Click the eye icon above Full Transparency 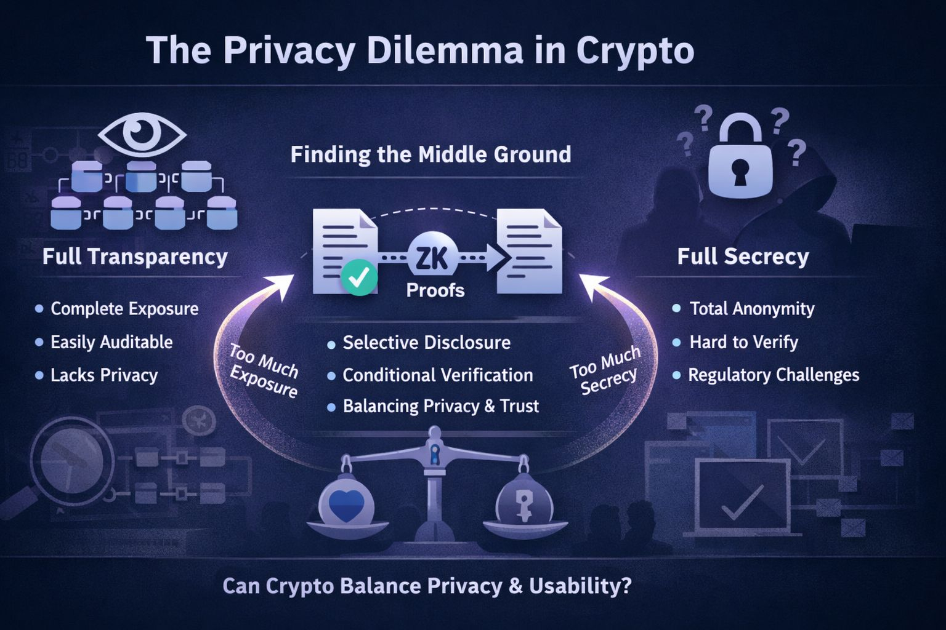click(142, 132)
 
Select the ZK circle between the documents click(432, 257)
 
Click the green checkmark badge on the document click(359, 277)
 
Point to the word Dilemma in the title click(445, 50)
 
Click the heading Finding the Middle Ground click(431, 154)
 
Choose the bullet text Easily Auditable click(111, 342)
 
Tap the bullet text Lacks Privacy click(104, 375)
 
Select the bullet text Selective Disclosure click(426, 343)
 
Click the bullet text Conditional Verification click(437, 375)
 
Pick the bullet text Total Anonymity click(751, 309)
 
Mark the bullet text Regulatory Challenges click(773, 375)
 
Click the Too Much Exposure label click(264, 371)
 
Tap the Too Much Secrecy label click(605, 371)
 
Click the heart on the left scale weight click(346, 506)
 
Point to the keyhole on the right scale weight click(524, 506)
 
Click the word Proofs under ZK click(435, 290)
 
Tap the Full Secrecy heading click(743, 257)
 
